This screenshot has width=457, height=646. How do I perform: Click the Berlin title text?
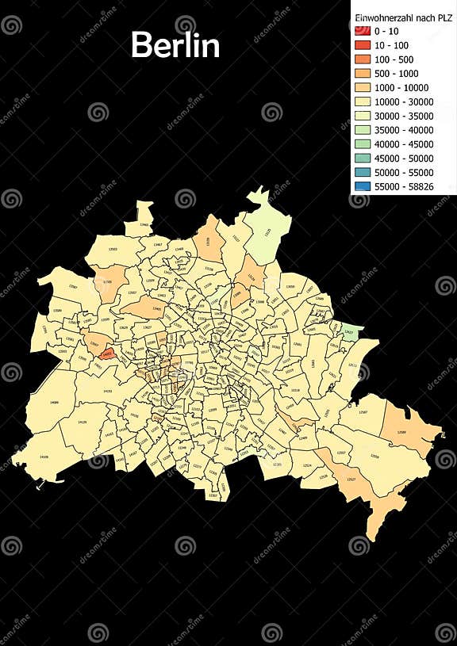click(175, 45)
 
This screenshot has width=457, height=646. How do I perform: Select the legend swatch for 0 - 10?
click(363, 29)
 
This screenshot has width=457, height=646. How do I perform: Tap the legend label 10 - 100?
click(393, 44)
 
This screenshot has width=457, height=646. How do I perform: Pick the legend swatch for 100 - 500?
click(363, 59)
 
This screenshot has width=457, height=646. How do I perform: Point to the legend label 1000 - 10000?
click(401, 87)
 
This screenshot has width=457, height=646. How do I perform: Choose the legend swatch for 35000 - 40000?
click(363, 130)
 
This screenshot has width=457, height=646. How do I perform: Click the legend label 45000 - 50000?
click(403, 159)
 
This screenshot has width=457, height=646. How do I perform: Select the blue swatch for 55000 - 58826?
click(363, 187)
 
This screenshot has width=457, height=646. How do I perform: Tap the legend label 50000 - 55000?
click(403, 173)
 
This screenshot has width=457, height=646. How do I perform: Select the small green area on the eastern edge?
click(349, 333)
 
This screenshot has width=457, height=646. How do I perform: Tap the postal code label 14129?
click(82, 422)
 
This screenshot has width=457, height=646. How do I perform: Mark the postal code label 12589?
click(401, 432)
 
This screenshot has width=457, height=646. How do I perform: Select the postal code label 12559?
click(374, 457)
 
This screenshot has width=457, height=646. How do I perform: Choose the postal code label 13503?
click(113, 250)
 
